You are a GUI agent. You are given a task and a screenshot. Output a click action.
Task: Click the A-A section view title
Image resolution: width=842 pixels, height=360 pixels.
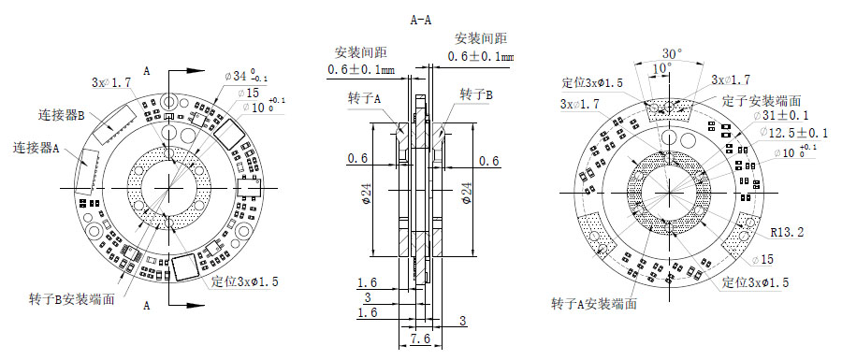click(421, 18)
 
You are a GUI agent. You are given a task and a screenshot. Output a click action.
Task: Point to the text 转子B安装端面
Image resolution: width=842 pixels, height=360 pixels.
click(72, 299)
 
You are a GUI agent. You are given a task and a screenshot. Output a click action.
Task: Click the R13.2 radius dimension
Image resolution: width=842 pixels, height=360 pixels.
click(789, 230)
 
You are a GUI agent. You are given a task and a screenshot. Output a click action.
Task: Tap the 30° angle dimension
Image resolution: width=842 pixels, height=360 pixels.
click(671, 52)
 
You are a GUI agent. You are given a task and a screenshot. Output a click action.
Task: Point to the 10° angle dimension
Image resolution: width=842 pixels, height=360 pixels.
click(661, 69)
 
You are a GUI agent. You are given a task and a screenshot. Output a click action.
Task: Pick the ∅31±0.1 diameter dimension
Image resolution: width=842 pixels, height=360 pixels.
click(784, 116)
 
